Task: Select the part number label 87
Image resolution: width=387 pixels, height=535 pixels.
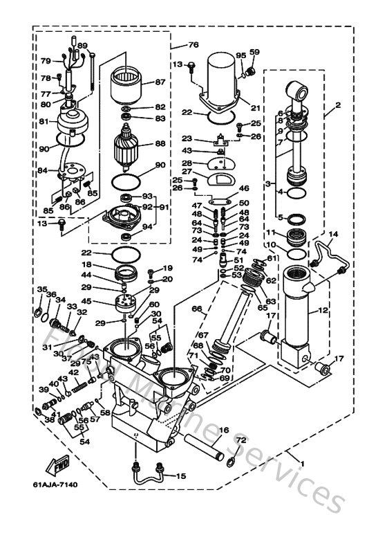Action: point(160,82)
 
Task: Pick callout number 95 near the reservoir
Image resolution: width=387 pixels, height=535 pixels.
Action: point(240,55)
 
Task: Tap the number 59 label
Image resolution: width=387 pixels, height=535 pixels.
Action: point(254,52)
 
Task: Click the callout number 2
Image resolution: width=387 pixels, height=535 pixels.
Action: point(338,106)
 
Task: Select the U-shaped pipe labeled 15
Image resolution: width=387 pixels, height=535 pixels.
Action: point(149,477)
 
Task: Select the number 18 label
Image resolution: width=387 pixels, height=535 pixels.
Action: point(87,264)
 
